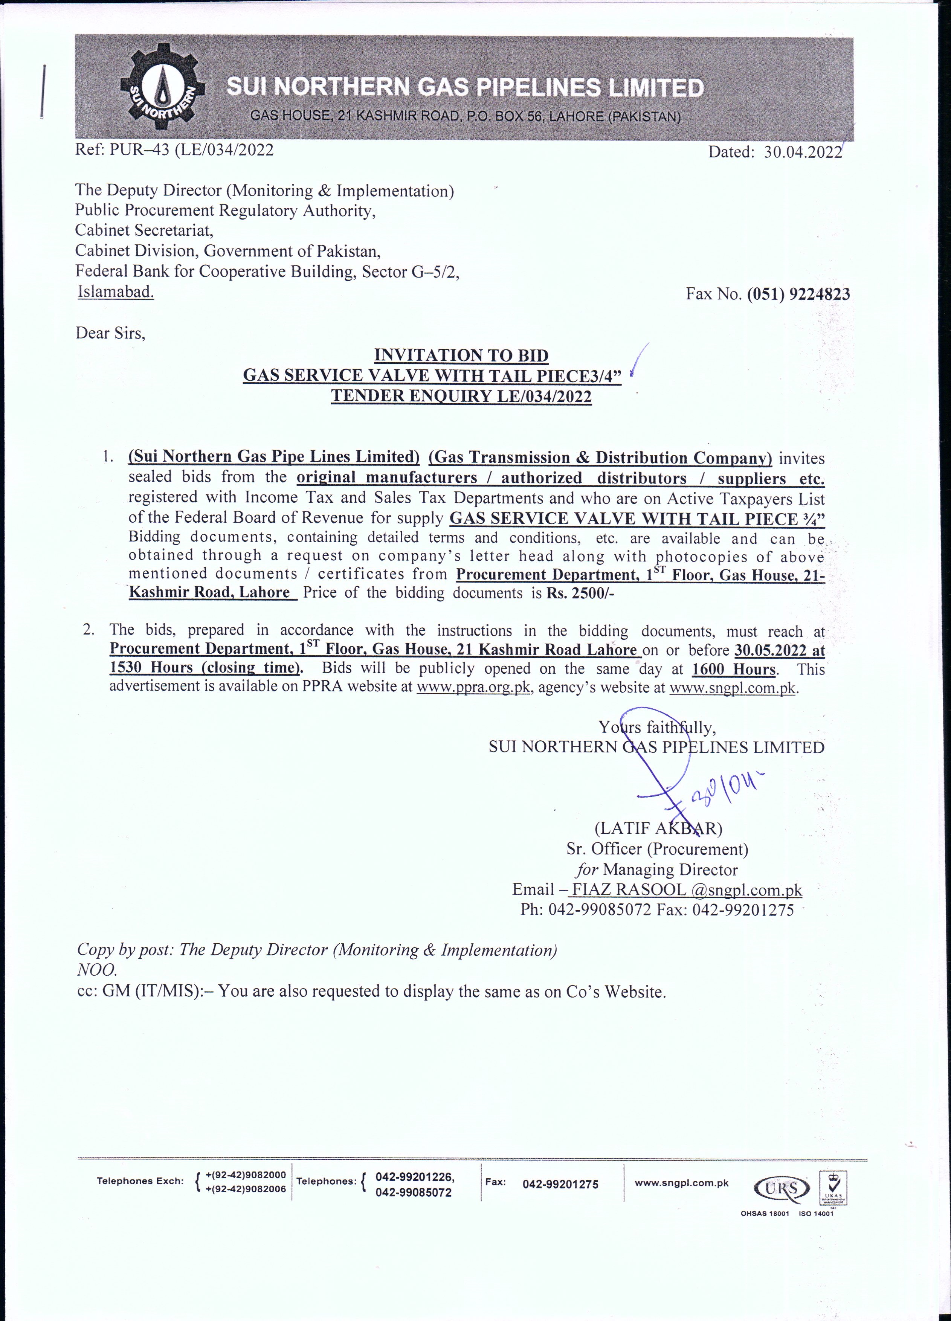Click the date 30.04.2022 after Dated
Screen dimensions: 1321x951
click(803, 152)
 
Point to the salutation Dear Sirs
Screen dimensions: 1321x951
click(110, 333)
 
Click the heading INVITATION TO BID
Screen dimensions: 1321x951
click(461, 355)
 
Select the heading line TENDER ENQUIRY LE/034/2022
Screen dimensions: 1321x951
click(461, 397)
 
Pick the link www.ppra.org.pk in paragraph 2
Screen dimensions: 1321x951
click(473, 688)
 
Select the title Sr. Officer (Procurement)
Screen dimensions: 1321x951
click(657, 849)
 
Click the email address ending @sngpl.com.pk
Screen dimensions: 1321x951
click(685, 889)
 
